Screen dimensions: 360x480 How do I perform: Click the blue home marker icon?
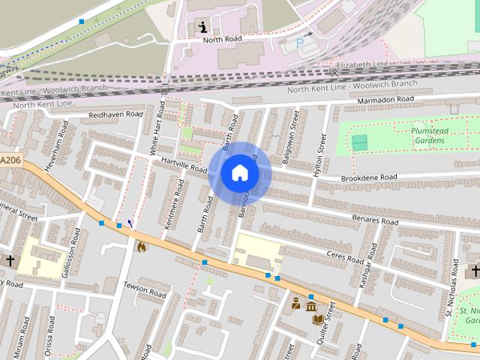click(239, 172)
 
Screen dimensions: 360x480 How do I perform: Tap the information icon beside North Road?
click(202, 27)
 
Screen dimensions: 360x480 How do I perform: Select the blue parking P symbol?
click(301, 43)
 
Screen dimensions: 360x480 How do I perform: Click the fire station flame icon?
click(142, 245)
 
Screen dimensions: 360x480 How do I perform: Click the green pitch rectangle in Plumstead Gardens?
click(361, 142)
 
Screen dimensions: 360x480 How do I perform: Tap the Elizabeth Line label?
click(362, 65)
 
